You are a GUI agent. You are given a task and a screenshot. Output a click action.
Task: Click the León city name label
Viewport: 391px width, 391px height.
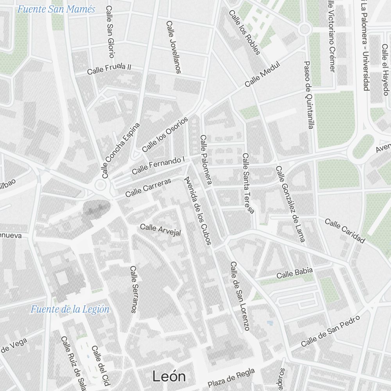169,376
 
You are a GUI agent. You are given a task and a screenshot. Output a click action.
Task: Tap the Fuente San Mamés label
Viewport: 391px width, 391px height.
56,9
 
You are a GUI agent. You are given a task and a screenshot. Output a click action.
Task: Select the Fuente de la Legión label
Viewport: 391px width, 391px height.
70,309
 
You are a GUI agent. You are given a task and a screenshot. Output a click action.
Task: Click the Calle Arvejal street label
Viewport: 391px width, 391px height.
160,230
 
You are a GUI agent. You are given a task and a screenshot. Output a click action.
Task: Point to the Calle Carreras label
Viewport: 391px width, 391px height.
148,188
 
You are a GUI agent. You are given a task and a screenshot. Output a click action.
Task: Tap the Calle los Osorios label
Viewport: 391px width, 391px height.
165,135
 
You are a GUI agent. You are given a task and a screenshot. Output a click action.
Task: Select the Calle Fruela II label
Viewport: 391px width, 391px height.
109,69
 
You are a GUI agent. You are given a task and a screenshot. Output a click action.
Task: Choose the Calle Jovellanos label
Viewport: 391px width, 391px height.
174,47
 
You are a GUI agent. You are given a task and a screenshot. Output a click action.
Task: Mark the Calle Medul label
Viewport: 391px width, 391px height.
263,75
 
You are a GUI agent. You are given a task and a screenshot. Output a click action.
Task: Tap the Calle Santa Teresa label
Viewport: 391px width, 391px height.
248,183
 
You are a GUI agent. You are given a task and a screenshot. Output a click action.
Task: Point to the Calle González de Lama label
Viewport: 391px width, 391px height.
290,204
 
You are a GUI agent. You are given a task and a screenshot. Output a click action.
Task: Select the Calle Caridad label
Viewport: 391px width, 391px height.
344,231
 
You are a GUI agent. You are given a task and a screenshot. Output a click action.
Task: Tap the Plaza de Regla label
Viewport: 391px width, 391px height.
231,377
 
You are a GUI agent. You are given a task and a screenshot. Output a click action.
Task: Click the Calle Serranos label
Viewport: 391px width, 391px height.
134,289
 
